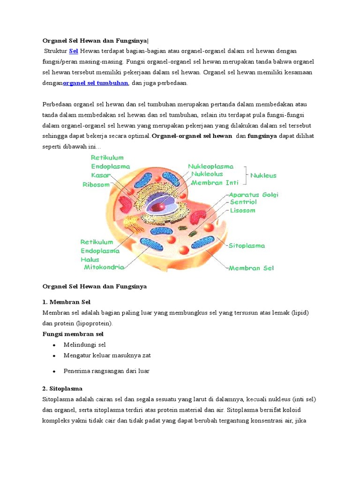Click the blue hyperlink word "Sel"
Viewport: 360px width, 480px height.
73,51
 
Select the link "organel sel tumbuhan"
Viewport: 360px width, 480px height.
96,83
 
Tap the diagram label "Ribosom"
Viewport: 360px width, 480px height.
96,185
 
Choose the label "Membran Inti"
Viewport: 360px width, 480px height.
215,182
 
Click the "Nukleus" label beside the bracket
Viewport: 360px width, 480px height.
263,176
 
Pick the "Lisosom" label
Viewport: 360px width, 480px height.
242,210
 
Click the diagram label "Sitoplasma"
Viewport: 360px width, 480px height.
247,246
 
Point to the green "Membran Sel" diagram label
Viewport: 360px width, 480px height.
251,268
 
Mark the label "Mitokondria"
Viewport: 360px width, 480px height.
104,267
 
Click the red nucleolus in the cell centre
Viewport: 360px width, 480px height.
160,205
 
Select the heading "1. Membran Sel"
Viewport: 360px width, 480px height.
66,302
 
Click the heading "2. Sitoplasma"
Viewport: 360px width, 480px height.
62,389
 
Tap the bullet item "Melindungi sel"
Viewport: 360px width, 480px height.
85,345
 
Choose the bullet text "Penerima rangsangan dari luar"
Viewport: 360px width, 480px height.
106,371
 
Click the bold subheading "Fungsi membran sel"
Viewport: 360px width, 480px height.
73,334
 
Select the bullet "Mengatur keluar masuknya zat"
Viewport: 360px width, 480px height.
107,355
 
